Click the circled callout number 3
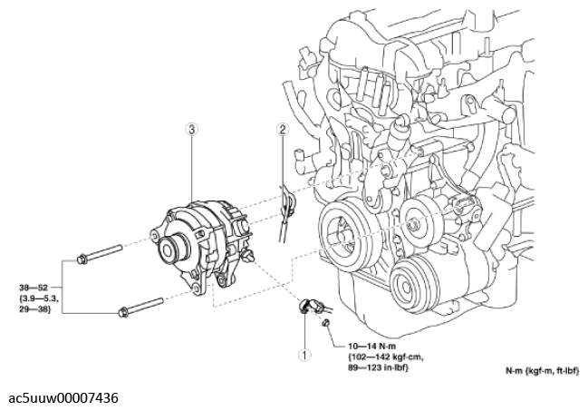(192, 130)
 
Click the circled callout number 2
(283, 129)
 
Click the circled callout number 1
(304, 355)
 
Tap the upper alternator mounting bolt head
(82, 259)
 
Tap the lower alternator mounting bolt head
(123, 312)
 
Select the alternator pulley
(172, 249)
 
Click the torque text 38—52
(34, 288)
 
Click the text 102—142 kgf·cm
(386, 357)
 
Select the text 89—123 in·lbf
(378, 367)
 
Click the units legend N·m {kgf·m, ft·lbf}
(543, 371)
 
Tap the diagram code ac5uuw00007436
(63, 398)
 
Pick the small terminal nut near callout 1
(326, 322)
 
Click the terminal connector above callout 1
(310, 305)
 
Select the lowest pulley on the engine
(409, 285)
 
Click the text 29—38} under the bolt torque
(34, 309)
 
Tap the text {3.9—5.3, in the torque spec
(38, 299)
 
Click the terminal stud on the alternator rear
(247, 256)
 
